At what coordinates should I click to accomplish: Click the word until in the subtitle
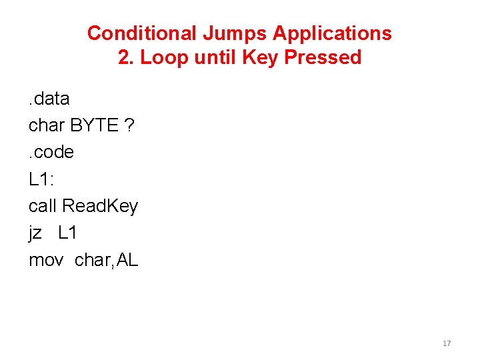click(215, 57)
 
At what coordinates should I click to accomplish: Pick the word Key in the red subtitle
click(261, 58)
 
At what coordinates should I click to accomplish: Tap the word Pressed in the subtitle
click(323, 57)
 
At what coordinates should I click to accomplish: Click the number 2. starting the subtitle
click(125, 57)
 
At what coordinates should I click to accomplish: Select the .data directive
click(49, 99)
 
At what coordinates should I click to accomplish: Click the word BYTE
click(93, 126)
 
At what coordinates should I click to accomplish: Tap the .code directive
click(51, 153)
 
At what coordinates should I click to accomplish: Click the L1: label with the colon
click(42, 179)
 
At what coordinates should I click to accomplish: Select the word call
click(43, 206)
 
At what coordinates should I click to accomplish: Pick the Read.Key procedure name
click(100, 207)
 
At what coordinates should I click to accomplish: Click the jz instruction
click(35, 233)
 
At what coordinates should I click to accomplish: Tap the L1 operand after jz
click(68, 233)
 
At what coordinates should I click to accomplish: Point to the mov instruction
click(46, 260)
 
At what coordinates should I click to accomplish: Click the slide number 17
click(447, 343)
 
